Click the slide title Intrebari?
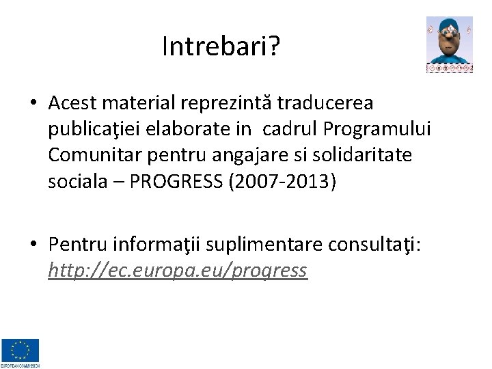221,46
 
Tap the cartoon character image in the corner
449,45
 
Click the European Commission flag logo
20,352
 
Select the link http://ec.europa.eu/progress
178,271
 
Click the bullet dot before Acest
32,104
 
